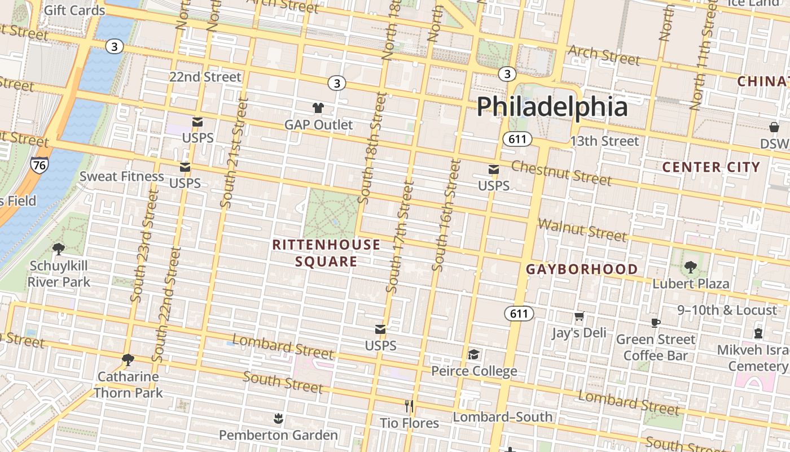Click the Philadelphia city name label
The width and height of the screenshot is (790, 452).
(552, 107)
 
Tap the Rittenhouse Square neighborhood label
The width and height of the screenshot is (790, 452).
(326, 253)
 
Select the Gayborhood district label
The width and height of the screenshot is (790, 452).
(582, 270)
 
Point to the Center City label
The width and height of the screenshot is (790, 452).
(711, 167)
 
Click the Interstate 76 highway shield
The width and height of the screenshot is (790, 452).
(39, 165)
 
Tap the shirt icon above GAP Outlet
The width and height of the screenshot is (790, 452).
(318, 107)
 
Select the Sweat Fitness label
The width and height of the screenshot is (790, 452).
(121, 176)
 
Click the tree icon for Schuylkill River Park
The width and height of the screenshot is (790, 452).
(58, 249)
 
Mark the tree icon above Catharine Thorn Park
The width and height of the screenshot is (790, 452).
(128, 359)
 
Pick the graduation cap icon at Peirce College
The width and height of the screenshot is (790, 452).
(473, 354)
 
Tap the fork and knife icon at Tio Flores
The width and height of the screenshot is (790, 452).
(409, 406)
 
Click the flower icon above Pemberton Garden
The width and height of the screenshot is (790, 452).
(278, 419)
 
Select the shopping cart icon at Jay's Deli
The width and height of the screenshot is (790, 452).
(579, 316)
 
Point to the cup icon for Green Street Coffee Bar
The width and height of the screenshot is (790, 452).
(655, 323)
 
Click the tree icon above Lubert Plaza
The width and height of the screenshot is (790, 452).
(690, 267)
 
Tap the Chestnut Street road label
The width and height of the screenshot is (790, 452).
(561, 173)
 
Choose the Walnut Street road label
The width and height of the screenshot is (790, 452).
(582, 229)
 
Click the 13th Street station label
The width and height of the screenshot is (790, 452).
(604, 141)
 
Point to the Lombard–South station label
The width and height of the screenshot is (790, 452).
(503, 417)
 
